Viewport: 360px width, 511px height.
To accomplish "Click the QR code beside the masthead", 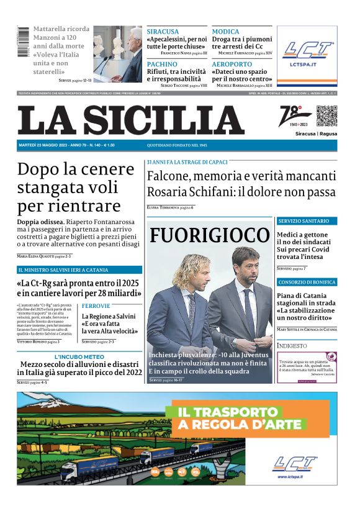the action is click(326, 115).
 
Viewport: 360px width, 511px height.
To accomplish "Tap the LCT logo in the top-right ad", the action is click(307, 51).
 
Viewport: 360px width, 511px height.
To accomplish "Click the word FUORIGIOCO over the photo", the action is click(209, 235).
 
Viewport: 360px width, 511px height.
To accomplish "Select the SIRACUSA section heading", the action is click(163, 32).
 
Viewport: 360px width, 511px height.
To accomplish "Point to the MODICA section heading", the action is click(225, 32).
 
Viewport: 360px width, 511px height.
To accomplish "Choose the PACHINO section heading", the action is click(162, 64).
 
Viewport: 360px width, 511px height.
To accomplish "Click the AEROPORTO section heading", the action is click(232, 64).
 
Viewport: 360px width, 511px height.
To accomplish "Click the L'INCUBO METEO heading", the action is click(79, 357).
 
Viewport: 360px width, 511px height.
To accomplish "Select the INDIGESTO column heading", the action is click(292, 345).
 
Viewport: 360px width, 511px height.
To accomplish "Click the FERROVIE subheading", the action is click(96, 306).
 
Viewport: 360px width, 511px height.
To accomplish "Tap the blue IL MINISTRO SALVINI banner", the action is click(79, 270).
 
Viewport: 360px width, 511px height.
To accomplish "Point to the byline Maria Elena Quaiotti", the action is click(40, 256).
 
